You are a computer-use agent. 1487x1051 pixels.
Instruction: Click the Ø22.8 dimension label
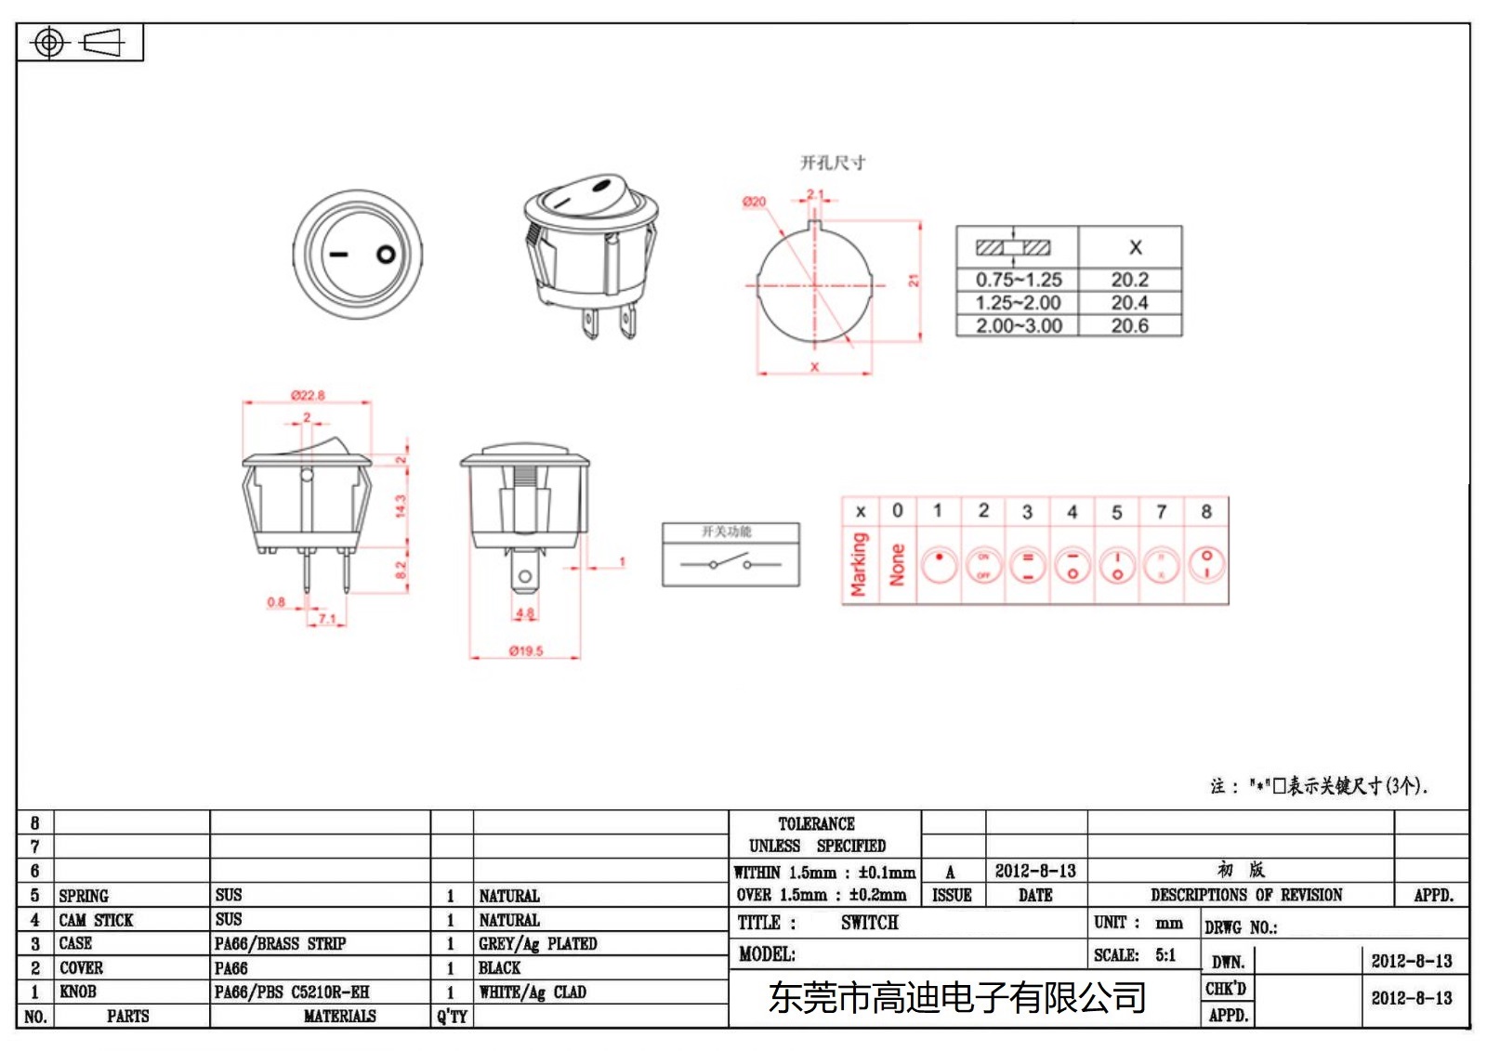click(308, 395)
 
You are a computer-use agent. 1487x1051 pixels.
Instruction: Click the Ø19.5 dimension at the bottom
click(525, 650)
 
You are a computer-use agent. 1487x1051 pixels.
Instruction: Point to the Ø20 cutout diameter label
click(754, 202)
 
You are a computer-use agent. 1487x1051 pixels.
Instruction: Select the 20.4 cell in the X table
click(1129, 303)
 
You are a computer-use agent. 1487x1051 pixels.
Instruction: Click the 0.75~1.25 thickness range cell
click(1018, 280)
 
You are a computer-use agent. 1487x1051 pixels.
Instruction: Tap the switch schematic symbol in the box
click(730, 563)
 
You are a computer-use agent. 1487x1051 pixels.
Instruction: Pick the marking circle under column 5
click(1117, 565)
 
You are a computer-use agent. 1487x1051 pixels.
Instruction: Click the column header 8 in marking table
click(1206, 511)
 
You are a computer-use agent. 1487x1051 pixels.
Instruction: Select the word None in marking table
click(897, 565)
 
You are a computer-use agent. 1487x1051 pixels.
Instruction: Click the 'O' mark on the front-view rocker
click(386, 255)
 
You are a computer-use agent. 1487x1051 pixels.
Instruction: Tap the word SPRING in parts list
click(84, 896)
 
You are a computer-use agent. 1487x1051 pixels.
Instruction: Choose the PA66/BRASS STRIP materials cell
click(280, 943)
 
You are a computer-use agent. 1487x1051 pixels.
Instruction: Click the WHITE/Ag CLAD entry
click(533, 992)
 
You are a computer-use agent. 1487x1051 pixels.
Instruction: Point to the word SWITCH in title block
click(869, 923)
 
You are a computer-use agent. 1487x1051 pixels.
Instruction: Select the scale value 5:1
click(1165, 955)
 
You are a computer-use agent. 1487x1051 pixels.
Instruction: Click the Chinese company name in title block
click(956, 998)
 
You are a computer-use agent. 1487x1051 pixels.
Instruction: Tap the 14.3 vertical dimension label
click(401, 506)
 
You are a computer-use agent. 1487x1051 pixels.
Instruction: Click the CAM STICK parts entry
click(96, 920)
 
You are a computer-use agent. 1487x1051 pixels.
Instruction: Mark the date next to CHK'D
click(1411, 998)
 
